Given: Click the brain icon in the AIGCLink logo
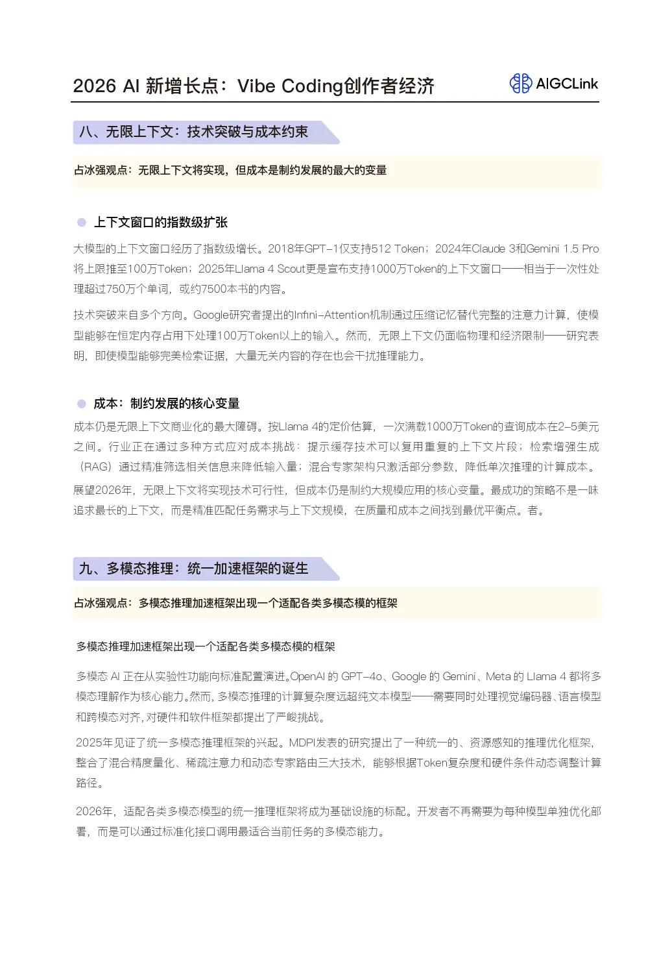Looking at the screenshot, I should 520,83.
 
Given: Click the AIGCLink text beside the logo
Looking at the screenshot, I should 567,84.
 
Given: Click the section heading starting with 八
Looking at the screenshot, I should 193,132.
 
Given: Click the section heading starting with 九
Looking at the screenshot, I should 193,569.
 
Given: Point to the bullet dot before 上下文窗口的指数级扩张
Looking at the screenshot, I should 82,223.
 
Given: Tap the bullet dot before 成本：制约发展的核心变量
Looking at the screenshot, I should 82,404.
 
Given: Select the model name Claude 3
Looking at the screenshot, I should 493,249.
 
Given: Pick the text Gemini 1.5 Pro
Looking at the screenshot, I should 562,249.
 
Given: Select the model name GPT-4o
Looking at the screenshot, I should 362,676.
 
